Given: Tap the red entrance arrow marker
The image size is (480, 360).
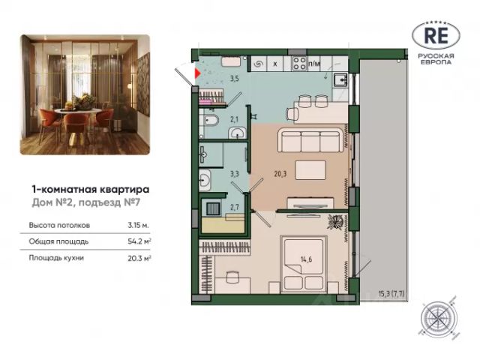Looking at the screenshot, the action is (197, 73).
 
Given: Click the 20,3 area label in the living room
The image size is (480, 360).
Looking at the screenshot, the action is (280, 174).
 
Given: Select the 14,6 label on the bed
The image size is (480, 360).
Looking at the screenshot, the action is (306, 260).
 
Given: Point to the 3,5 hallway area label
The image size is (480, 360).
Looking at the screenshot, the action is (235, 78).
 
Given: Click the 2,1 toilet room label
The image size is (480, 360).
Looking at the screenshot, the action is (234, 119).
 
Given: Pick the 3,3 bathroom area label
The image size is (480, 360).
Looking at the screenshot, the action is (235, 174).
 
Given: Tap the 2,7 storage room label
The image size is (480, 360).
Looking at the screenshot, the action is (235, 207).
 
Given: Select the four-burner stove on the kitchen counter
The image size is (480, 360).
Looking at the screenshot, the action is (299, 64).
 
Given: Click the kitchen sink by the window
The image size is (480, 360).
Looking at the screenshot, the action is (340, 79).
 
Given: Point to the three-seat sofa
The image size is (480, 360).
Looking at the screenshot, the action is (310, 141).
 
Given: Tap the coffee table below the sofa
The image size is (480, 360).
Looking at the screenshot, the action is (310, 170).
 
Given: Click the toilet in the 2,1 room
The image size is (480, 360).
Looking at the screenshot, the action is (210, 120).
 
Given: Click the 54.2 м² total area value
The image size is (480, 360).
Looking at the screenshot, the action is (139, 241).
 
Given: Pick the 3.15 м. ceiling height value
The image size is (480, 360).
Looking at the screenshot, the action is (138, 225).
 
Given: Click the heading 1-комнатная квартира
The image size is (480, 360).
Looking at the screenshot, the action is (91, 190).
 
